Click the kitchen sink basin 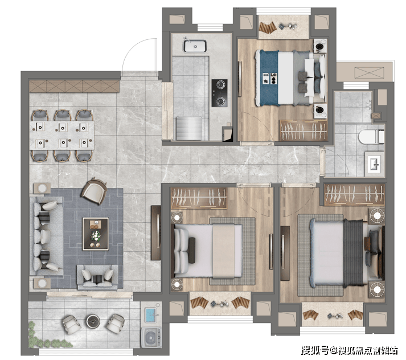click(x=195, y=46)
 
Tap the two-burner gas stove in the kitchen click(x=220, y=93)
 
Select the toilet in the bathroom click(x=371, y=137)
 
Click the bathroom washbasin click(x=375, y=163)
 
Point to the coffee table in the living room click(x=95, y=234)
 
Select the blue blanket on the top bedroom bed click(x=269, y=78)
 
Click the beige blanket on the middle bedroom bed click(x=223, y=251)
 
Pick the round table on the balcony click(x=93, y=321)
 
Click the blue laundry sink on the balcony click(x=151, y=314)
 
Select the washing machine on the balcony click(x=151, y=337)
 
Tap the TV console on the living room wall click(x=156, y=232)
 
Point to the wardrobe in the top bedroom click(x=303, y=130)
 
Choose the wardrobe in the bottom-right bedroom click(x=355, y=194)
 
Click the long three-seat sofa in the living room click(x=47, y=236)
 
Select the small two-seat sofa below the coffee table click(x=97, y=277)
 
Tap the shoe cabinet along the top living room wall click(x=74, y=86)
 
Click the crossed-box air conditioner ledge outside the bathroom click(x=369, y=72)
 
